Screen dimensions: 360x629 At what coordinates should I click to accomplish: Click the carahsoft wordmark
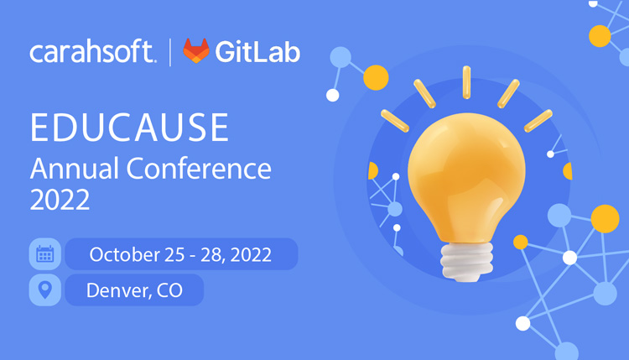point(92,53)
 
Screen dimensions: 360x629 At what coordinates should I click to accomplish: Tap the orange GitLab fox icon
point(196,51)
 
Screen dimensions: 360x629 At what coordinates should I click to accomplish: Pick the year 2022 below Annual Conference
point(60,201)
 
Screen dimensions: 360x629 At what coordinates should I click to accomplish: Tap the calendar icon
point(44,254)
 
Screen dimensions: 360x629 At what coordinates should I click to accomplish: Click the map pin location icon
point(44,290)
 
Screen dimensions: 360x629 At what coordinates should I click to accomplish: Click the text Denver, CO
point(134,290)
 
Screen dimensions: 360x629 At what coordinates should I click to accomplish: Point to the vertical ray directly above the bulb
point(466,82)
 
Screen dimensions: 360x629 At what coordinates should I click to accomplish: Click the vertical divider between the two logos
point(170,52)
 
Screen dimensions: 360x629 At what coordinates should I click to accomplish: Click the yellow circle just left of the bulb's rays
point(377,77)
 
